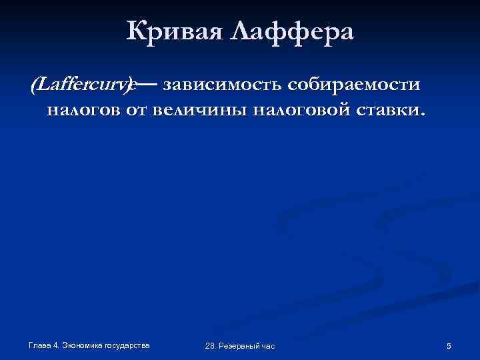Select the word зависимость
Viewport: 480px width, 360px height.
(x=221, y=85)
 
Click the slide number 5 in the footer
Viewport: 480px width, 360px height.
(x=449, y=345)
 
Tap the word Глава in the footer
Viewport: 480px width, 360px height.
(x=41, y=345)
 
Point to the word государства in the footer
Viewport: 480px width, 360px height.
(x=129, y=345)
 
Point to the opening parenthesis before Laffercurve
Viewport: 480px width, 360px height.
(x=31, y=85)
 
